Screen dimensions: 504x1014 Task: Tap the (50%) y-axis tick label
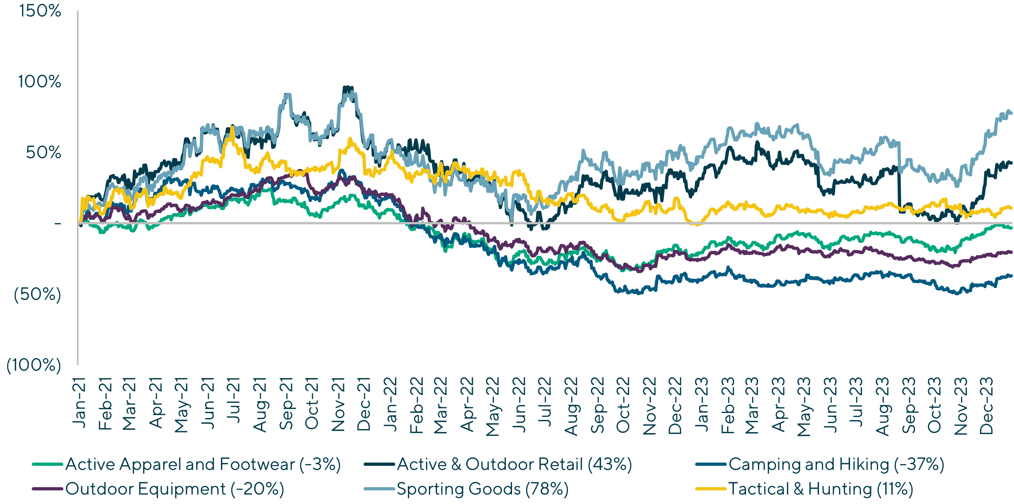(x=38, y=294)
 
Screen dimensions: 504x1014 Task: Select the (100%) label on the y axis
(x=34, y=365)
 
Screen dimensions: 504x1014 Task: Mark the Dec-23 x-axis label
(x=987, y=406)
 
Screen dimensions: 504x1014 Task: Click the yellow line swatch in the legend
(x=711, y=489)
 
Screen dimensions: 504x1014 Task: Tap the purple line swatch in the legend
(x=48, y=489)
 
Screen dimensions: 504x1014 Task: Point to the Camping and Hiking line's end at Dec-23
(x=1011, y=276)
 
